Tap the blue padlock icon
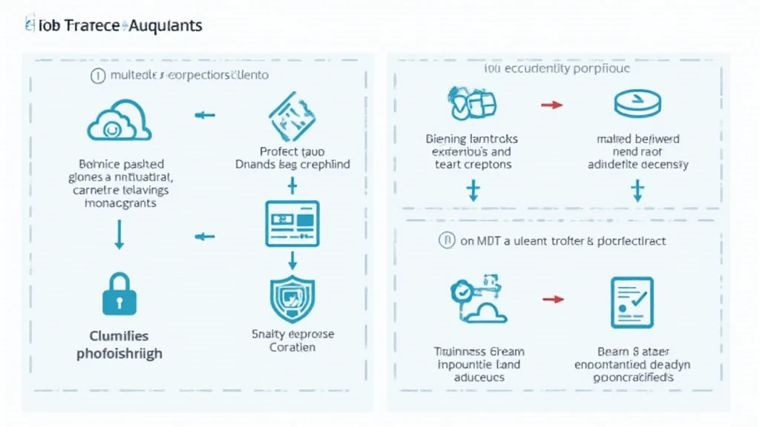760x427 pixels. pos(119,296)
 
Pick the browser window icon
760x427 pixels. pos(292,223)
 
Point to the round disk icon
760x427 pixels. pos(637,105)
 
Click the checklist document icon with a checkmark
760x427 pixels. pos(632,302)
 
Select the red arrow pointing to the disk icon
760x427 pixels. pos(551,105)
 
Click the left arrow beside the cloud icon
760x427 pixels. pos(204,115)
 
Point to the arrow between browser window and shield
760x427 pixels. pos(292,259)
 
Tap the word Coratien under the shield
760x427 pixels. pos(292,347)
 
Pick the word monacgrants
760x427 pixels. pos(119,203)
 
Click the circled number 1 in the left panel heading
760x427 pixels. pos(96,75)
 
